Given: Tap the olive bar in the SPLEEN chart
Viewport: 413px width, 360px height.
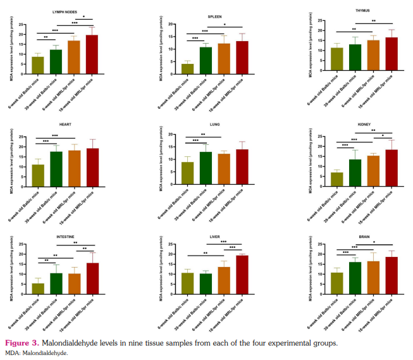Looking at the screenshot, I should pos(188,69).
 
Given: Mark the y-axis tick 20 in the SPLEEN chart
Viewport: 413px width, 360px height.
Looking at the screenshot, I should pos(174,25).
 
